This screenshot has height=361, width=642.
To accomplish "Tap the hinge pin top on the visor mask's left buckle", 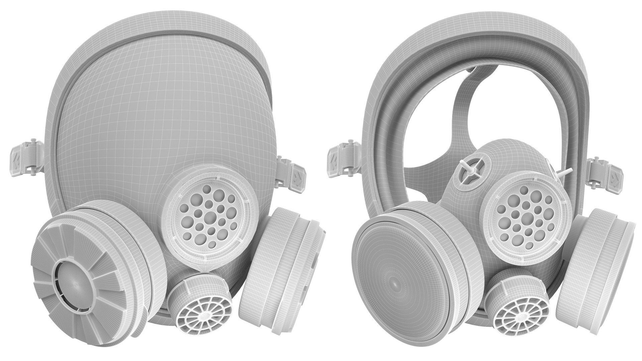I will point(34,140).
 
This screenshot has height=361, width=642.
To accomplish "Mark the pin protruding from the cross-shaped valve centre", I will point(471,170).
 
